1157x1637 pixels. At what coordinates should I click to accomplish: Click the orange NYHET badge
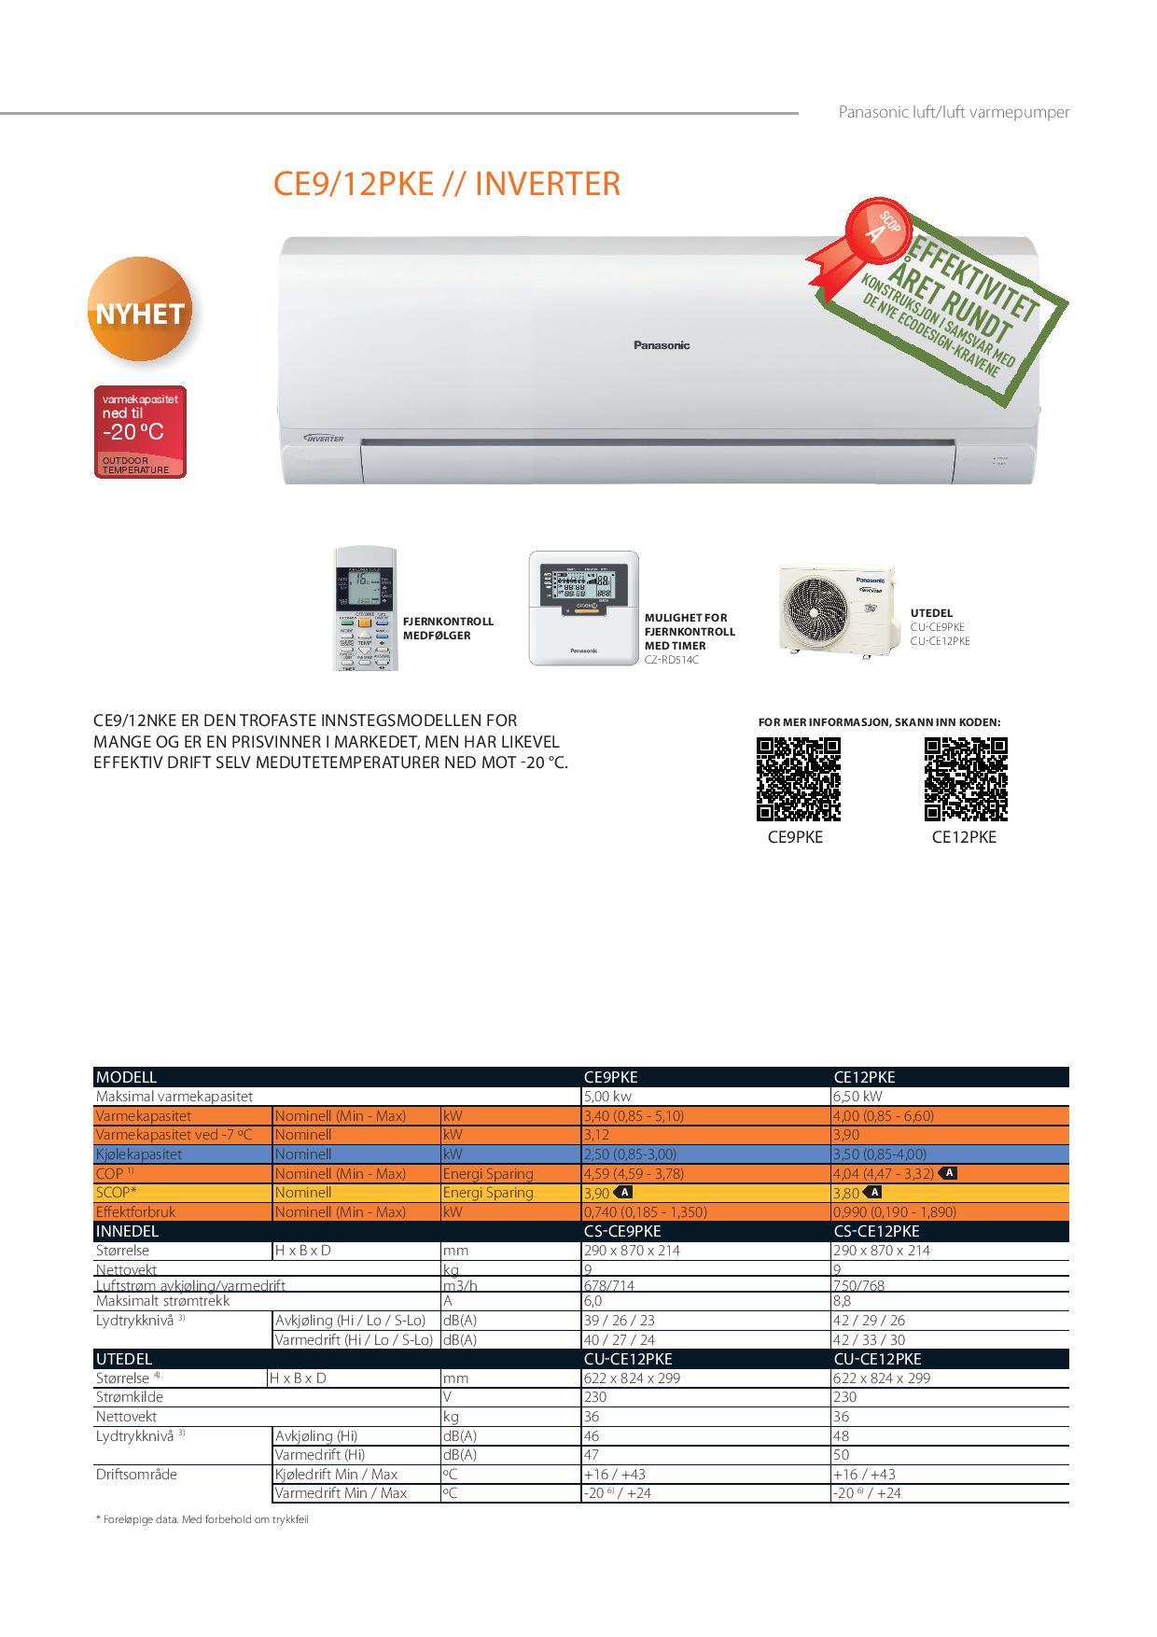point(140,312)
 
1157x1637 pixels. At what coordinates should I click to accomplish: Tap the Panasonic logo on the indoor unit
point(662,345)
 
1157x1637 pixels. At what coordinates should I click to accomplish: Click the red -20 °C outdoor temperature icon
point(141,431)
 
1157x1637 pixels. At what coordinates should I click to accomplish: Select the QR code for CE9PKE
point(798,779)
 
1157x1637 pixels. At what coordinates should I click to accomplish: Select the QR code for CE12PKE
point(966,779)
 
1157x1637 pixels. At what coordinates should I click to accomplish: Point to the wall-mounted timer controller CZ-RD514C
point(584,608)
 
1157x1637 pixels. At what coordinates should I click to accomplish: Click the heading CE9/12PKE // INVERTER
point(446,184)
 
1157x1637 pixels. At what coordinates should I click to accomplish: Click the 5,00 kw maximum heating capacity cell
point(608,1097)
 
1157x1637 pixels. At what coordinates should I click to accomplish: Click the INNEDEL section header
point(128,1231)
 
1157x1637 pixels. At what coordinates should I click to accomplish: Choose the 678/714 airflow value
point(609,1286)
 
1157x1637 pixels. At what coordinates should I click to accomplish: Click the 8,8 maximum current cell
point(842,1301)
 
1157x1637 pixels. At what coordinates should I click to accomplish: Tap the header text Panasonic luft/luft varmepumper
point(954,112)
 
